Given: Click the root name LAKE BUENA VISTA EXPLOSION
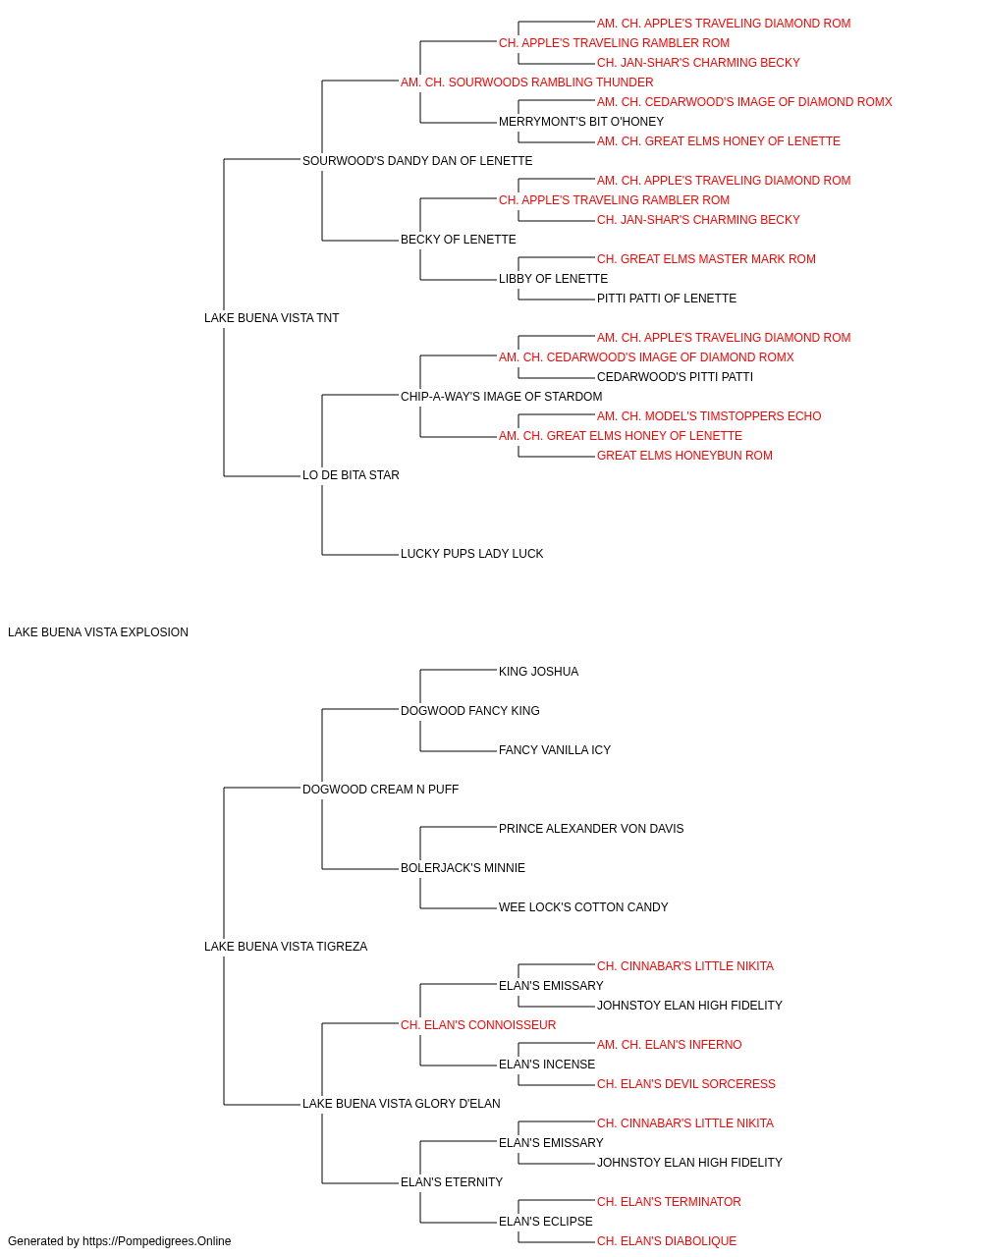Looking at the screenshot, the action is [x=98, y=632].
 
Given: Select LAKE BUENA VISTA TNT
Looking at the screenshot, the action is [x=271, y=317].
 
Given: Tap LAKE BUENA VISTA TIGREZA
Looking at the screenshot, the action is [x=286, y=947].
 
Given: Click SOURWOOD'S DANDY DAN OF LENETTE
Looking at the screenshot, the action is [x=417, y=161].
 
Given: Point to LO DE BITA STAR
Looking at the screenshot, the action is [x=351, y=475].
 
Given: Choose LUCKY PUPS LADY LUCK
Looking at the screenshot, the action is [x=471, y=554].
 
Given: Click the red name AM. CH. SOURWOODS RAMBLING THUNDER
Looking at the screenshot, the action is [x=527, y=82].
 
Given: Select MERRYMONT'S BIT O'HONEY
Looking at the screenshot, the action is [x=580, y=122].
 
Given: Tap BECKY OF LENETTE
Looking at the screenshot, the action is [x=458, y=240].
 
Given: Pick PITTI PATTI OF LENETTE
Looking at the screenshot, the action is [x=666, y=299].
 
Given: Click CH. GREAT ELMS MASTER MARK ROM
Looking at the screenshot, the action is [x=706, y=259].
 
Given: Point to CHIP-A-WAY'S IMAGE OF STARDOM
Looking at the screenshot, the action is [x=501, y=396].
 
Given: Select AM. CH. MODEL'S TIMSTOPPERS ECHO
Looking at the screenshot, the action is [x=708, y=416].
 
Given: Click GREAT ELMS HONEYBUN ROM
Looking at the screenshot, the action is [x=684, y=456].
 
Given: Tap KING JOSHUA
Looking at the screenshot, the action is [x=538, y=672].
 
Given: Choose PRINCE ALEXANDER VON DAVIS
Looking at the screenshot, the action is [x=590, y=829].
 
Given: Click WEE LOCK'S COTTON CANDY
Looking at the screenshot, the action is [x=583, y=907].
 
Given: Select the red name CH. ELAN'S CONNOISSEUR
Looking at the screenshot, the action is [x=477, y=1025].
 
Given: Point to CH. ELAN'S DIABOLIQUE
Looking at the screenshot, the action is [x=666, y=1241].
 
